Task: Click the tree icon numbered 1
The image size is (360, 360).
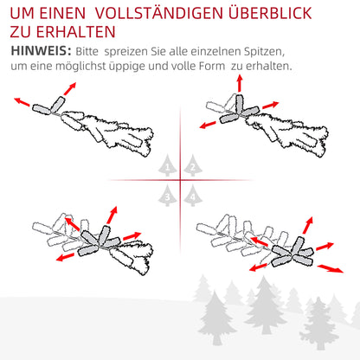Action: (x=167, y=165)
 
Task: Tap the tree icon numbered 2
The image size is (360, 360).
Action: (x=193, y=165)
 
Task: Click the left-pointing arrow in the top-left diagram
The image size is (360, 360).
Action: (x=22, y=102)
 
